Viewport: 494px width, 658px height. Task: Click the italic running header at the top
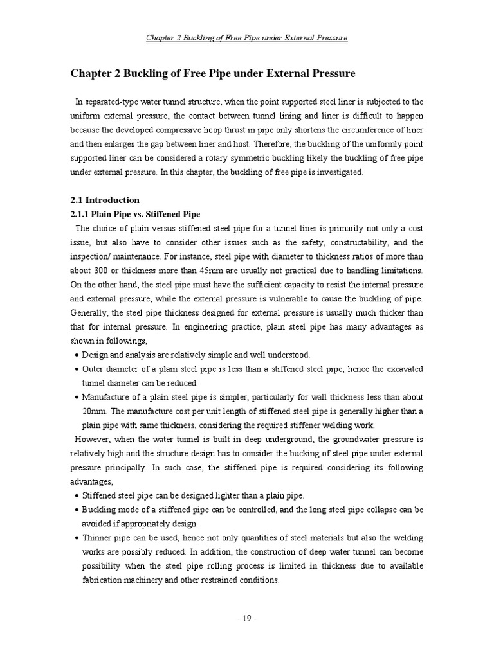coord(247,38)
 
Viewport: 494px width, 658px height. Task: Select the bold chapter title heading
coord(212,74)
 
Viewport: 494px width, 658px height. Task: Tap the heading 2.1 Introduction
coord(105,200)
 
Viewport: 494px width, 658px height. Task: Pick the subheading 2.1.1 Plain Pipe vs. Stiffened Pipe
coord(135,214)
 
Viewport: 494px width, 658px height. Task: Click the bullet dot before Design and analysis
coord(77,355)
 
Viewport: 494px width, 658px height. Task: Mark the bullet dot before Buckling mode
coord(77,510)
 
